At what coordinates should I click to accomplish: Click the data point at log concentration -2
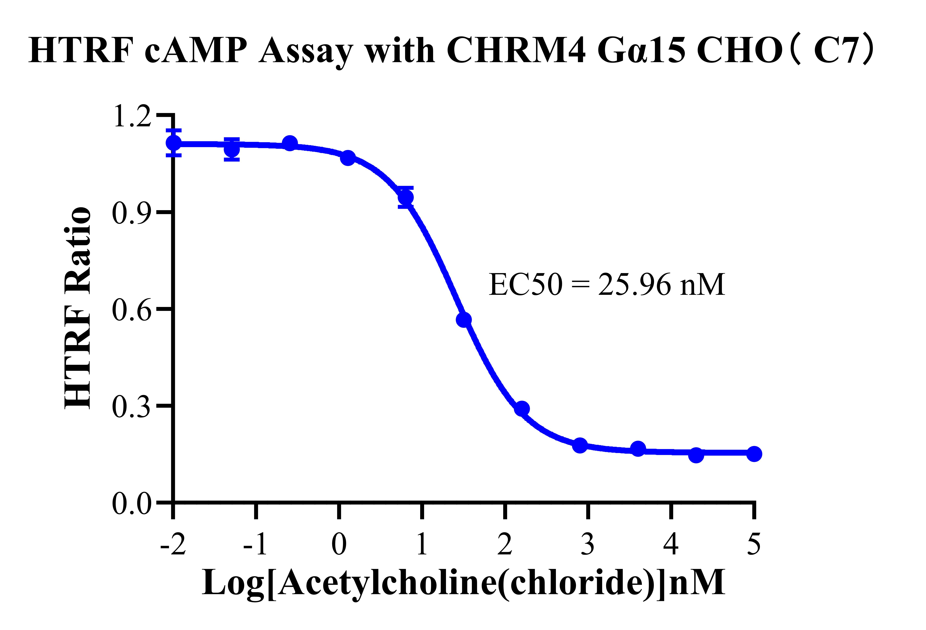(x=173, y=143)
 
